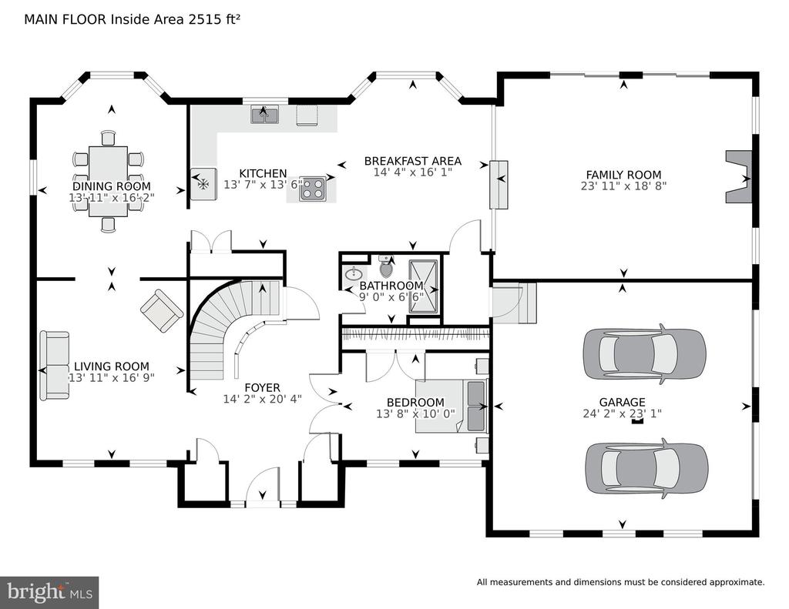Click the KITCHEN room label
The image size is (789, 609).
pyautogui.click(x=263, y=173)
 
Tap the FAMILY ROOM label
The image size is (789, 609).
pyautogui.click(x=623, y=175)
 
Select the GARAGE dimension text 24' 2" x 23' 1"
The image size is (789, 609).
pyautogui.click(x=622, y=413)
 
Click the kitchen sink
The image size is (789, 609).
pyautogui.click(x=264, y=115)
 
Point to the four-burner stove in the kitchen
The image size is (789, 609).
pyautogui.click(x=312, y=189)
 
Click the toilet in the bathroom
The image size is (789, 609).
pyautogui.click(x=386, y=267)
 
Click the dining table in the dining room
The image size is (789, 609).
pyautogui.click(x=108, y=181)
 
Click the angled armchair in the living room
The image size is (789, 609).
pyautogui.click(x=162, y=310)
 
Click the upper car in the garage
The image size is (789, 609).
pyautogui.click(x=645, y=353)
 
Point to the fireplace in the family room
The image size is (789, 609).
pyautogui.click(x=738, y=177)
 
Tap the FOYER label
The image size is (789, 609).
pyautogui.click(x=262, y=388)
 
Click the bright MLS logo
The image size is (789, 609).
pyautogui.click(x=49, y=592)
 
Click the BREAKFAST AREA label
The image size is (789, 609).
pyautogui.click(x=413, y=161)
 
